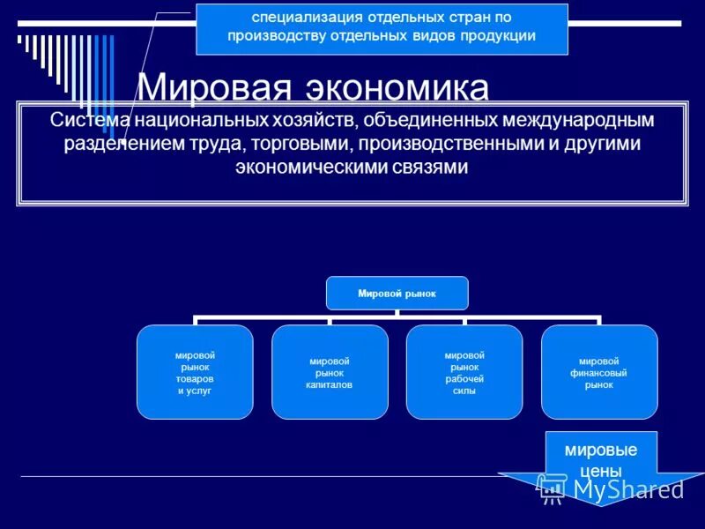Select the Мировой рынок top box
tap(397, 293)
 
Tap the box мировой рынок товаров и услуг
tap(195, 372)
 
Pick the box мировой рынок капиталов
tap(330, 372)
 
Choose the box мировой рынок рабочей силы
tap(464, 372)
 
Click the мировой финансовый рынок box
tap(599, 372)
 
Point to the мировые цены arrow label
tap(601, 459)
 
